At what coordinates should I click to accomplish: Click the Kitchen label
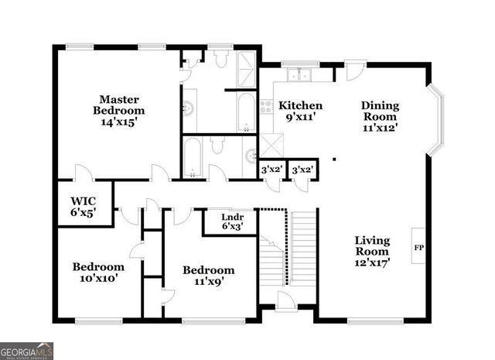pyautogui.click(x=301, y=105)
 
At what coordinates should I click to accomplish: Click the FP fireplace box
pyautogui.click(x=418, y=249)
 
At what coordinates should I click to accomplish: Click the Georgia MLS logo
pyautogui.click(x=26, y=351)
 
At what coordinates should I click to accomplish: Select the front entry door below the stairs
pyautogui.click(x=285, y=301)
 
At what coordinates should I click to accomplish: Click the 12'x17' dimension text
pyautogui.click(x=372, y=262)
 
